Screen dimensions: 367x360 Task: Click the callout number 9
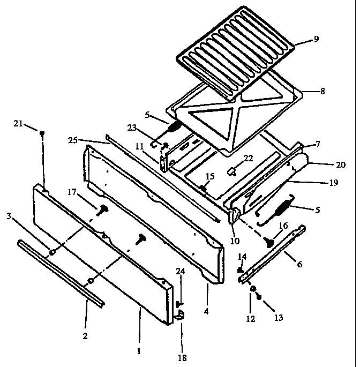[316, 39]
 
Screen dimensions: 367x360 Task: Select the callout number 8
[322, 91]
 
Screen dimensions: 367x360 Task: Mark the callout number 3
[9, 216]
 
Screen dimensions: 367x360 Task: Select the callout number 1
[139, 351]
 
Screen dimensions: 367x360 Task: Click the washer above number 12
[252, 289]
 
